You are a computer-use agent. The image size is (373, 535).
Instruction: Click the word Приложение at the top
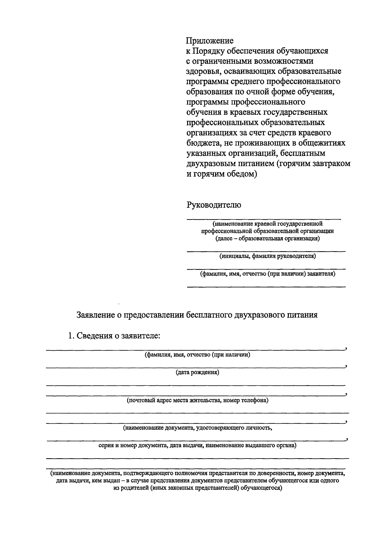coord(210,41)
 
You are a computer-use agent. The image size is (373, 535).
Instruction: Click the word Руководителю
coord(214,205)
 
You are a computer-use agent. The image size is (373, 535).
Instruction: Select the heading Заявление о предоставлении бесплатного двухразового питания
coord(197,315)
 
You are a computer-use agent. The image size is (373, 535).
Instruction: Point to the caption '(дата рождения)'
coord(197,372)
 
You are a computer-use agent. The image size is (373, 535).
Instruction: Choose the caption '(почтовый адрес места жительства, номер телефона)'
coord(197,400)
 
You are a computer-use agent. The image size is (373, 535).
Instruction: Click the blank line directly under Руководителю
coord(264,219)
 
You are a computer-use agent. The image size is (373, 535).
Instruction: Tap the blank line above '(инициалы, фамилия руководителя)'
coord(266,251)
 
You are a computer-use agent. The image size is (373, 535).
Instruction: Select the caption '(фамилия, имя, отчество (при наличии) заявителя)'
coord(267,274)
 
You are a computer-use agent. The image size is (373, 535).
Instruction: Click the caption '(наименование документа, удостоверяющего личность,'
coord(197,428)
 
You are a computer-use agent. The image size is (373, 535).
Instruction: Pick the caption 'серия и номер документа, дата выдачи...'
coord(197,445)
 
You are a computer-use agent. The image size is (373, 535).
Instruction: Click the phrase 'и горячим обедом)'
coord(222,174)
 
